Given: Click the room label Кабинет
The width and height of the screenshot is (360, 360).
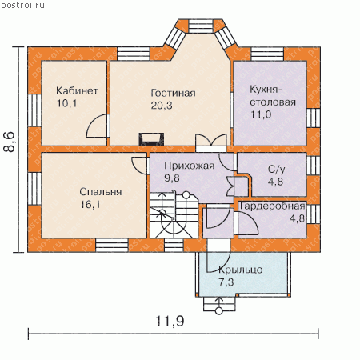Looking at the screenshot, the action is [77, 91].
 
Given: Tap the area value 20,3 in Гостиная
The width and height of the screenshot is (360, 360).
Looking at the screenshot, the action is [162, 106].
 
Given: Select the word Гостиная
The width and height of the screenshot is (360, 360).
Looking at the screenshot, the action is [173, 93].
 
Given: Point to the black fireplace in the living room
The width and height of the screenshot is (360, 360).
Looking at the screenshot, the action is [151, 139].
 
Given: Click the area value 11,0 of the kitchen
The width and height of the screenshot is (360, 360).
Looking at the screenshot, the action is [261, 114].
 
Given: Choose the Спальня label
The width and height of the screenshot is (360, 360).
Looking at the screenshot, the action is [101, 192].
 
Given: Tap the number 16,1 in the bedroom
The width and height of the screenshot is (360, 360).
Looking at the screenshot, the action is [90, 205].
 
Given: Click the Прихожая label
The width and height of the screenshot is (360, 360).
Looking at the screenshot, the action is [190, 166].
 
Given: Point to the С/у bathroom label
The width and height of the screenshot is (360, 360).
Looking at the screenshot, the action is [277, 169].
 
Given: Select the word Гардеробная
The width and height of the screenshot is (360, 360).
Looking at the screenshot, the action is [273, 206].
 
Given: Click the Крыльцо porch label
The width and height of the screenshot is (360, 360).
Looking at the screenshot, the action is [241, 270].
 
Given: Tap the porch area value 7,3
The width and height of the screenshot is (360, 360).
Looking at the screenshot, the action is [226, 282].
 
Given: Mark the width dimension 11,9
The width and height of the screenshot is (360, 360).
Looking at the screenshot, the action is [170, 321].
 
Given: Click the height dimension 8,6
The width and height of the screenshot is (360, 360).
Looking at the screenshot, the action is [9, 142].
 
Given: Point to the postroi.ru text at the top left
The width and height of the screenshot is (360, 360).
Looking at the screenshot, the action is [22, 5].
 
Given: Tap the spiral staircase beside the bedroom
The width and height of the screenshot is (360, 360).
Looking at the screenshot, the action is [174, 215].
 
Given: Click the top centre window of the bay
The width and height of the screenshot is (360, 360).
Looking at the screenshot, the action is [201, 26].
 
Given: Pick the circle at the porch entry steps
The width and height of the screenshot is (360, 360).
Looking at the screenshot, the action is [219, 311].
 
